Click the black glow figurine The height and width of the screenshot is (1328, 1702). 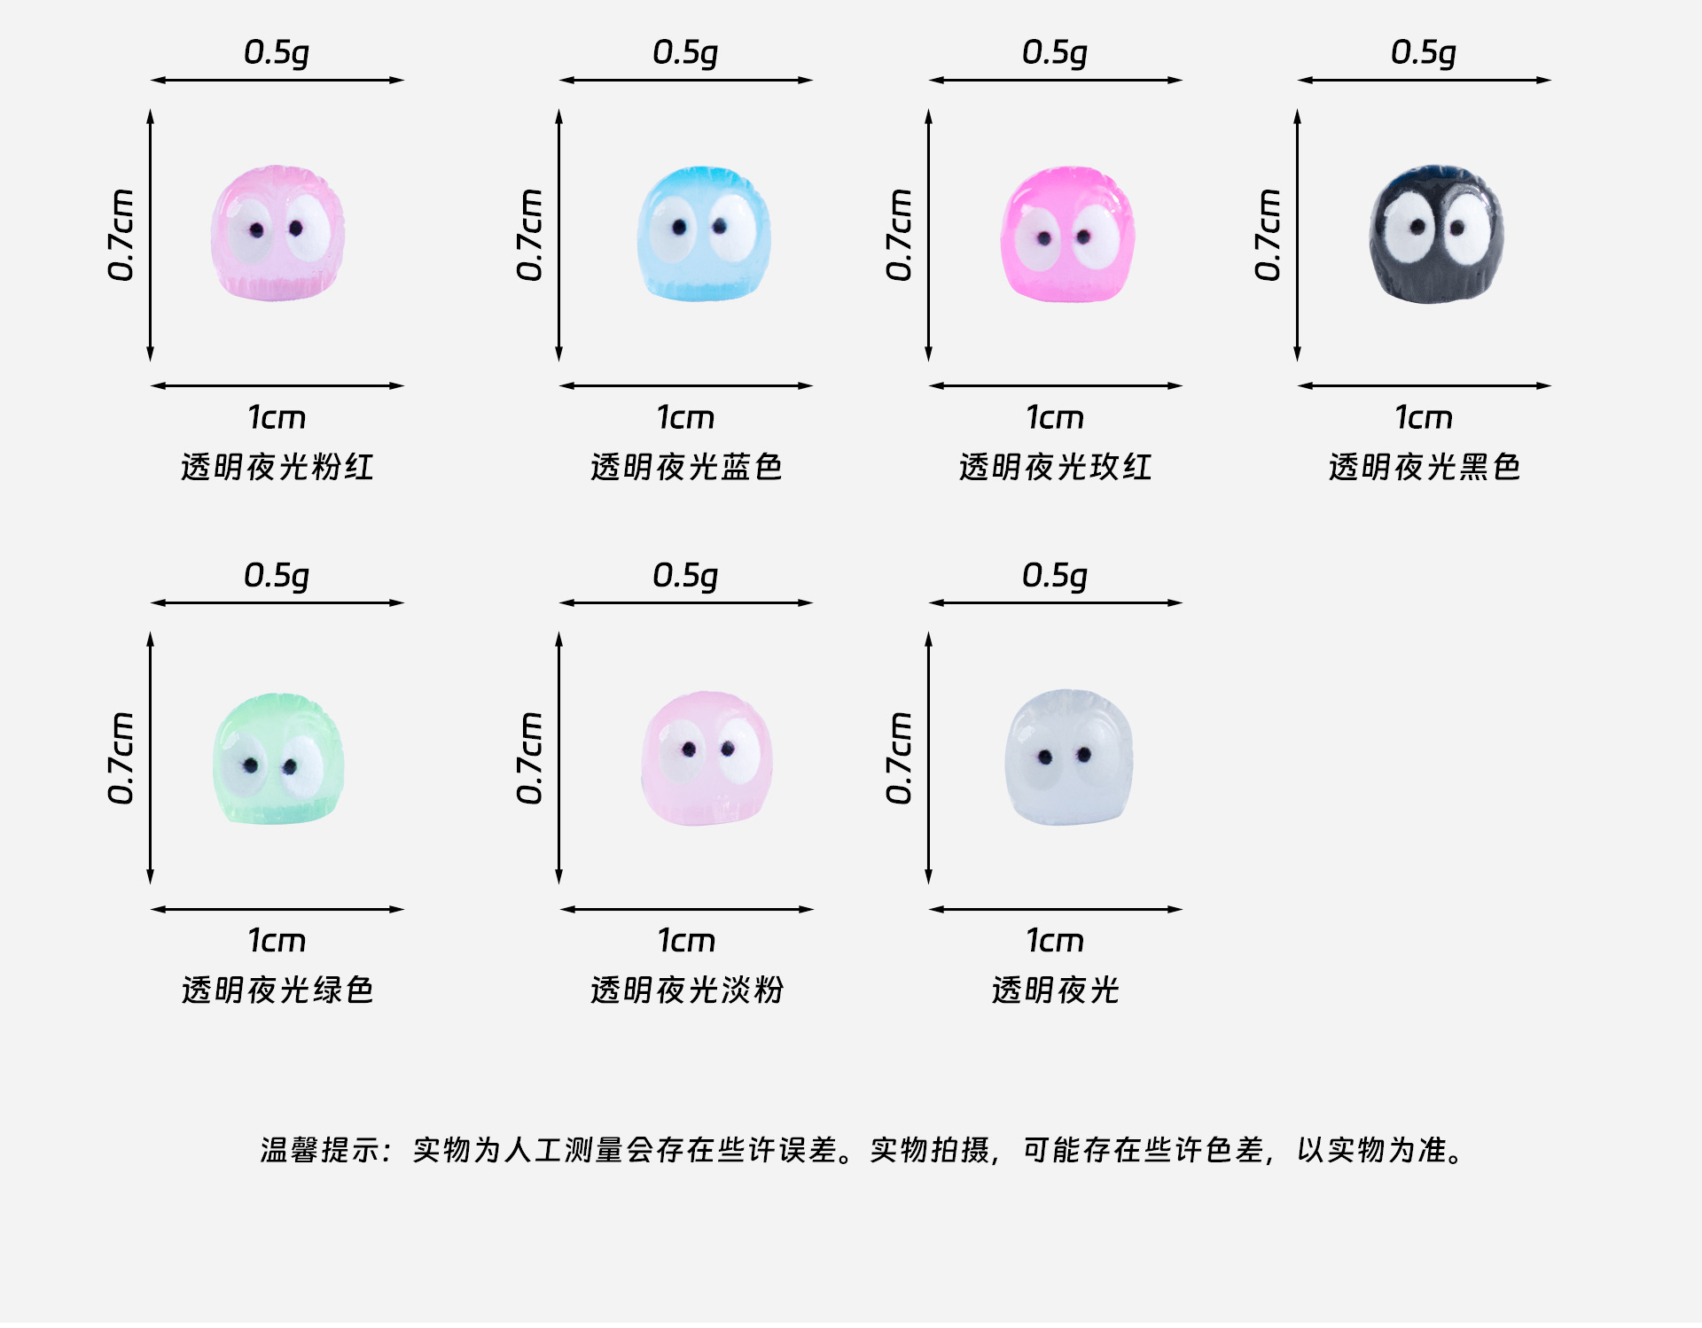[1435, 234]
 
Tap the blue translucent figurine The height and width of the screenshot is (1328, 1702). [703, 234]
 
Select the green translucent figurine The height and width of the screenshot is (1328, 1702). [277, 759]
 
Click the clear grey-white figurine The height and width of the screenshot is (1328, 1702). [1068, 757]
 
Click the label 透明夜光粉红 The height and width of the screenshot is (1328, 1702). [277, 467]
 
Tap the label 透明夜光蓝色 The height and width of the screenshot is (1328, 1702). [686, 467]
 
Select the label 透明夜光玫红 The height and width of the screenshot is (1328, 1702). [1055, 467]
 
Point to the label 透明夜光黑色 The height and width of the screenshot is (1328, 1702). [1424, 467]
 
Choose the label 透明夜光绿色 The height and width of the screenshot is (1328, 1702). [277, 990]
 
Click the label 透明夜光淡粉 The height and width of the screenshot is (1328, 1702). [686, 990]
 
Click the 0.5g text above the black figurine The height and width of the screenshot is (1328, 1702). [1423, 53]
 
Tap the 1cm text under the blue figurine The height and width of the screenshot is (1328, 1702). [685, 417]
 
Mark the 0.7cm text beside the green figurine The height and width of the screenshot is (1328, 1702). [121, 758]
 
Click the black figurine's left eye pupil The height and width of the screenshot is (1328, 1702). [1417, 227]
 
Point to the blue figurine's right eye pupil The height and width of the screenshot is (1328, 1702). [720, 227]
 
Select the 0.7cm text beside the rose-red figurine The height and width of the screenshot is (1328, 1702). [898, 235]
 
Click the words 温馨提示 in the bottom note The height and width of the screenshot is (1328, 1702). [321, 1150]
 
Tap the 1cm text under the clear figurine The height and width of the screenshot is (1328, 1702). [1055, 940]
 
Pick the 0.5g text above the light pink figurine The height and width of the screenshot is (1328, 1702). [685, 576]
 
